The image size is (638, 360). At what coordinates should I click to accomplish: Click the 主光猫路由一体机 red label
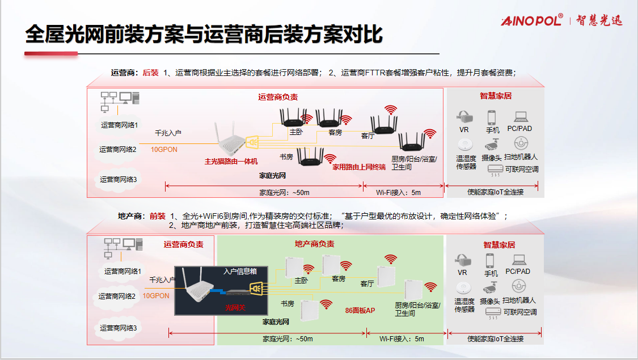point(231,162)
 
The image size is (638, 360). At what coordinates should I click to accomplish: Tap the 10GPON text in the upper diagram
point(164,150)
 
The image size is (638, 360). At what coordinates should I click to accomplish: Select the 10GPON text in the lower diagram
point(156,296)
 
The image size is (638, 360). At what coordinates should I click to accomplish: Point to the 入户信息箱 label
point(240,272)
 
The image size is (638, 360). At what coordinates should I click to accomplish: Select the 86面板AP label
point(360,311)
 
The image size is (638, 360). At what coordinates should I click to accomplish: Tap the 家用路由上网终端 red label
point(358,167)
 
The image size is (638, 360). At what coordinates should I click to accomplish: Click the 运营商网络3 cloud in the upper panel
point(119,180)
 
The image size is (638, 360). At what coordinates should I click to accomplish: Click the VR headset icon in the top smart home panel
point(464,117)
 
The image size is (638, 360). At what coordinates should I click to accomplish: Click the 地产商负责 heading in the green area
point(314,244)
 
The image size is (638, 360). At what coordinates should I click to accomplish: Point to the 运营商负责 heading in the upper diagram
point(278,97)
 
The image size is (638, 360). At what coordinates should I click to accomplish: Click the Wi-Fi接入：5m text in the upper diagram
point(401,193)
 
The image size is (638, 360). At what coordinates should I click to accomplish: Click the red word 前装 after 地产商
point(158,216)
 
